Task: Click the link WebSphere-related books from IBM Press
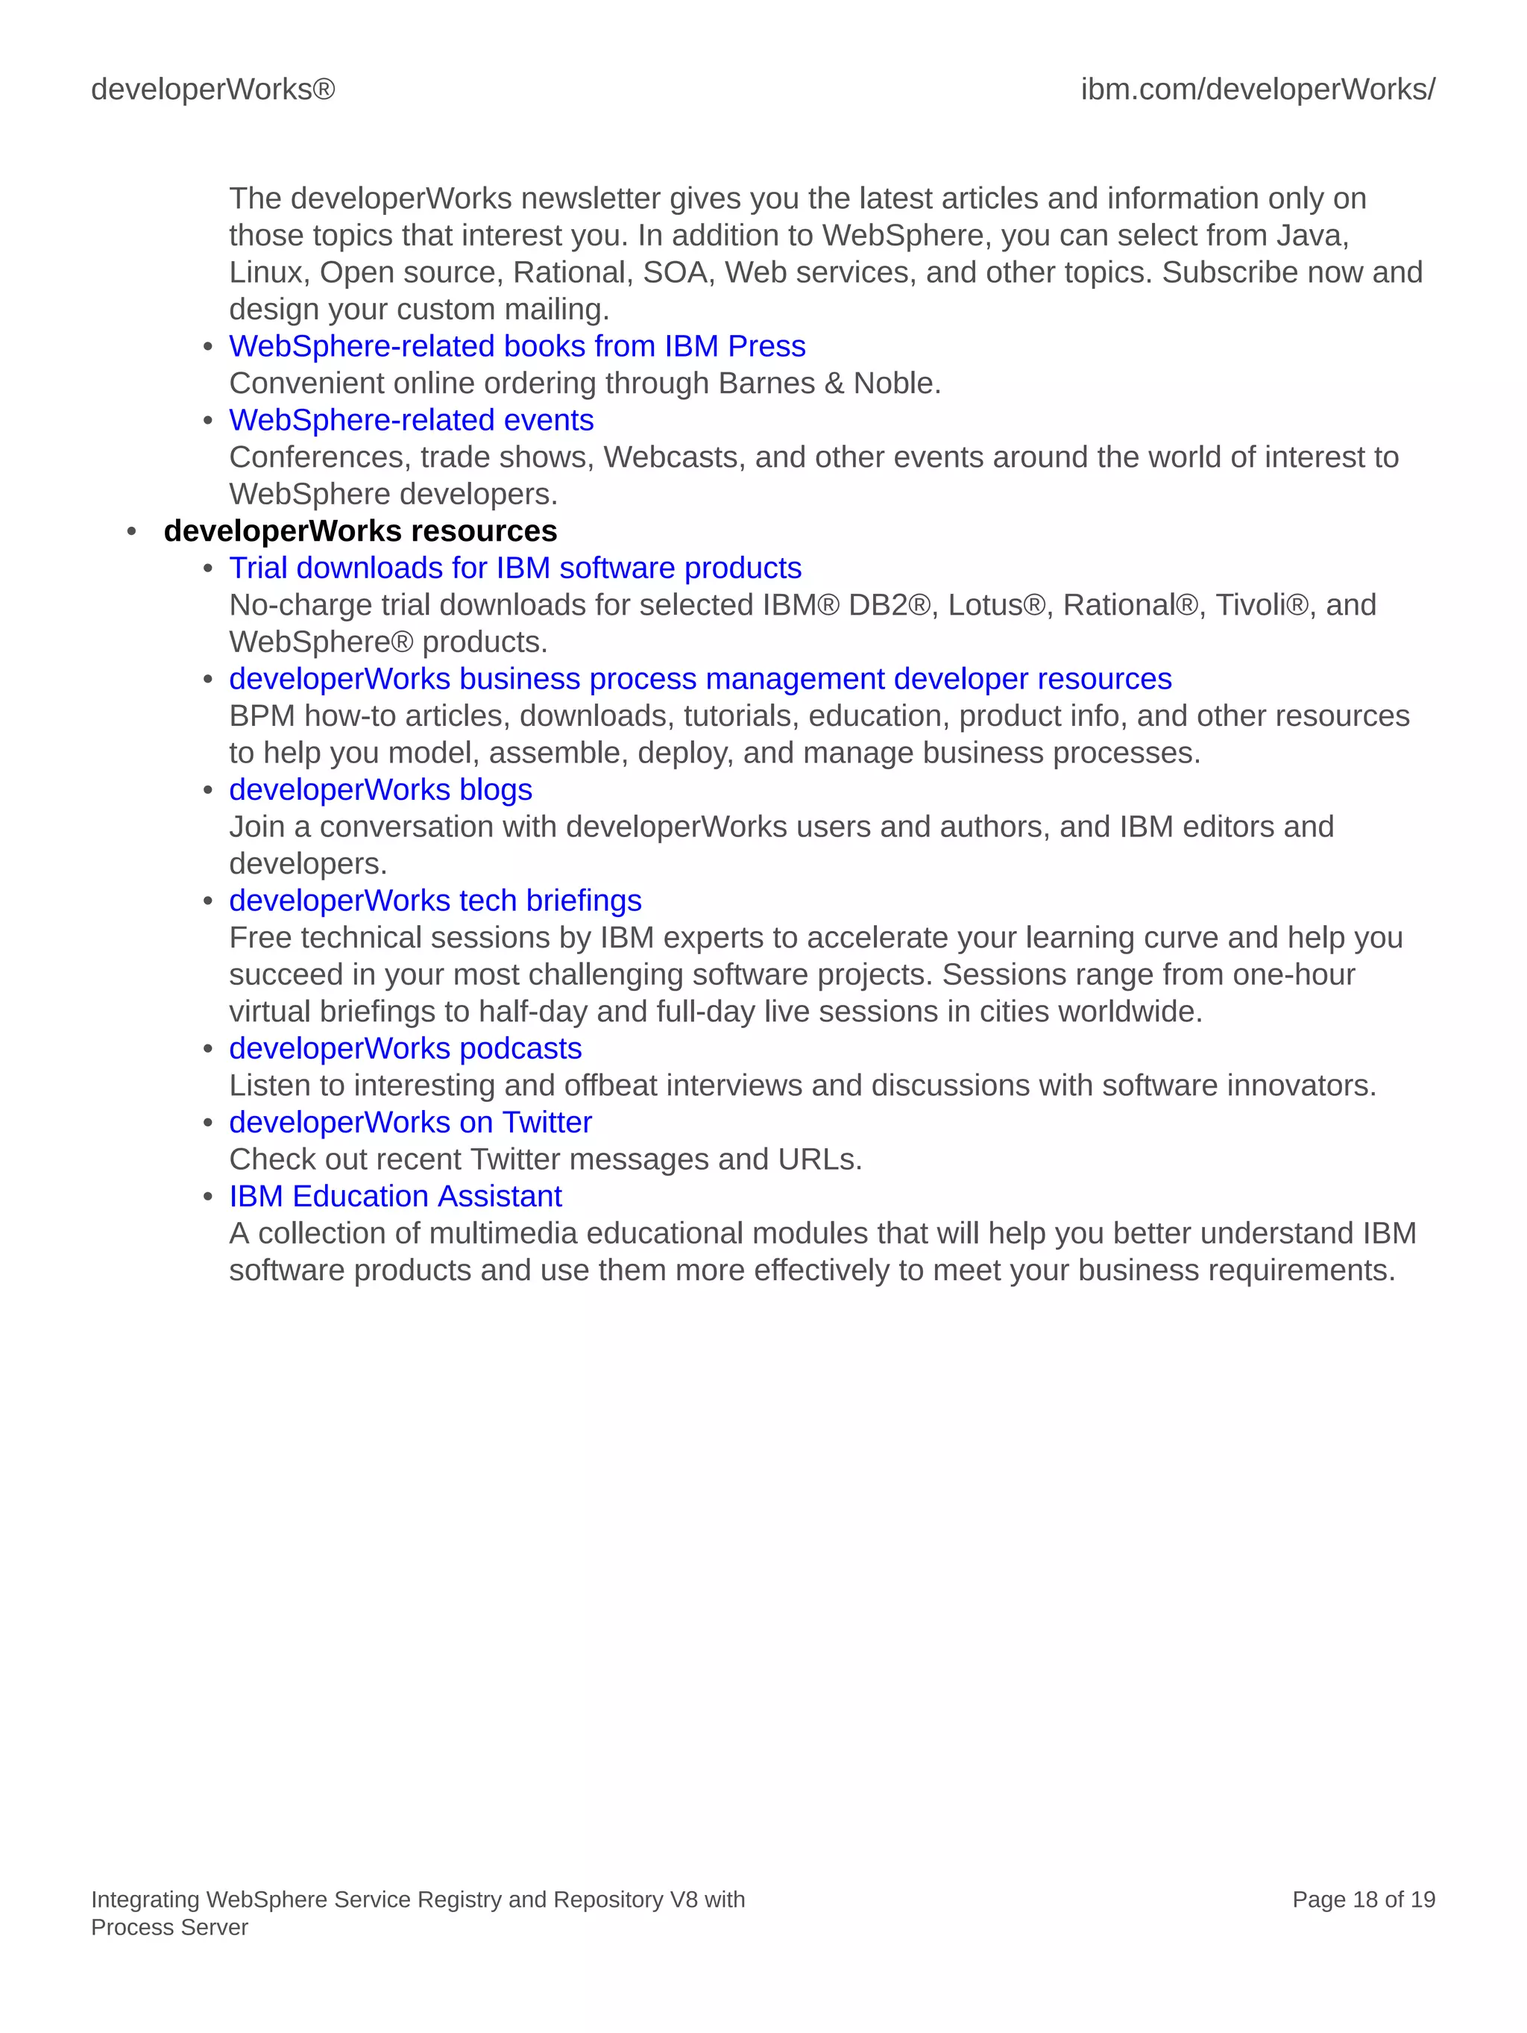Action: (517, 346)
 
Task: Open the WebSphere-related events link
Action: (411, 420)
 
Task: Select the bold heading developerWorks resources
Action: (360, 531)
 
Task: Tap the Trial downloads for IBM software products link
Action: (514, 568)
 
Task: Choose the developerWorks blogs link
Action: (380, 789)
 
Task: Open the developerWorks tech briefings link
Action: (435, 900)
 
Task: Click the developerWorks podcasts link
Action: (405, 1049)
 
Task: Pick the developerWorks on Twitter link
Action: (410, 1122)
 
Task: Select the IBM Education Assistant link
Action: (395, 1197)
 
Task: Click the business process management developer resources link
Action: (700, 679)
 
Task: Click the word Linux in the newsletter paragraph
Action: (265, 273)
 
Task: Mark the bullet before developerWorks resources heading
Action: (132, 531)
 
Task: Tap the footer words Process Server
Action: (169, 1927)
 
